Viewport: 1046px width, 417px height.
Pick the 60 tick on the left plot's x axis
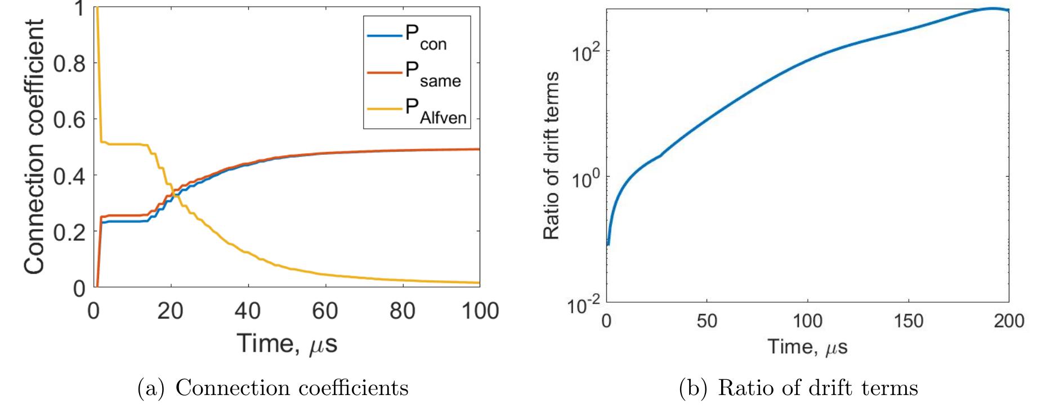click(325, 311)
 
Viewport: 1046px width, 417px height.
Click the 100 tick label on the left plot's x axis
click(479, 311)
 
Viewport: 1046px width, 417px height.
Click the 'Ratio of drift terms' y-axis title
click(552, 156)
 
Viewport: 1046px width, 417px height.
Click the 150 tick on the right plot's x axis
click(909, 321)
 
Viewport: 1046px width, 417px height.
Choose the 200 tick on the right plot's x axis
click(1008, 321)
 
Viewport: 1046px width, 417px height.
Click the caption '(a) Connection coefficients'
click(273, 389)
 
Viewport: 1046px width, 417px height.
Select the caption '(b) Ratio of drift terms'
click(799, 389)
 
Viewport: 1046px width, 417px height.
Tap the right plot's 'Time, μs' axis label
click(807, 347)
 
